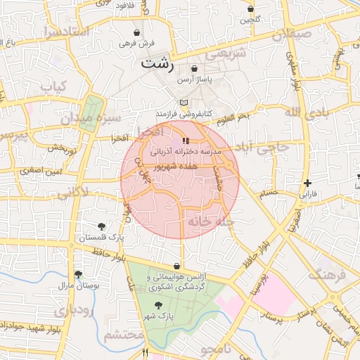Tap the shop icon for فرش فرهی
(x=137, y=32)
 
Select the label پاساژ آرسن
(x=195, y=80)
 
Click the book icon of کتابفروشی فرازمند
(x=164, y=101)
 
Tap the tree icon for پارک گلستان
(x=103, y=226)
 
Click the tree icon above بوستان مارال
(x=77, y=274)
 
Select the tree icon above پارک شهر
(x=157, y=304)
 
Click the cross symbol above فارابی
(x=307, y=182)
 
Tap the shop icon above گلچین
(x=251, y=9)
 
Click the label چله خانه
(x=210, y=221)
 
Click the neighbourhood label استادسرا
(x=65, y=32)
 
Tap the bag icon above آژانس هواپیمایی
(x=176, y=266)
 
